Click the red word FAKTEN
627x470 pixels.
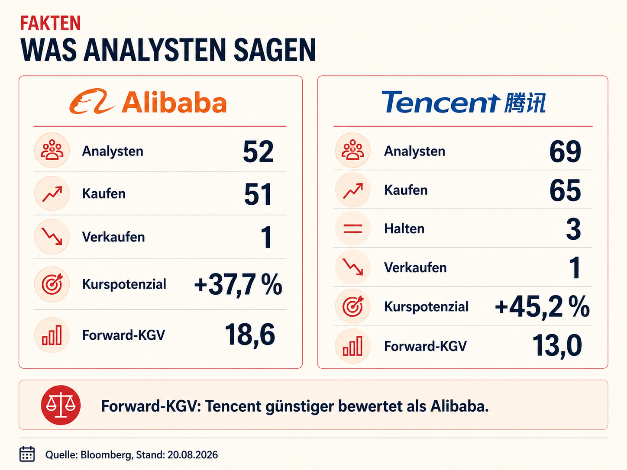(50, 23)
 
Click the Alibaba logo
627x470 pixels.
(148, 101)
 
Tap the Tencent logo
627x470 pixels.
(463, 102)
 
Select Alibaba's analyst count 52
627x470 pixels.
(258, 151)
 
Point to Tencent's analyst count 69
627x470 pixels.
(565, 151)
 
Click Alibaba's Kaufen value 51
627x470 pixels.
(258, 194)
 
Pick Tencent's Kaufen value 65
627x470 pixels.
(565, 190)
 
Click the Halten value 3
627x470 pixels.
(573, 229)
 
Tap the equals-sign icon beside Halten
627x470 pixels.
(352, 229)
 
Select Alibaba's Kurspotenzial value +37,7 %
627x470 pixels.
(238, 285)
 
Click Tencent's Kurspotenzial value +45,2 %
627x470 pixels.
(542, 307)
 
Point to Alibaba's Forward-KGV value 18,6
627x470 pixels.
(250, 335)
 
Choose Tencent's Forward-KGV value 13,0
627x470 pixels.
(557, 346)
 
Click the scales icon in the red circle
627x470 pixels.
(61, 405)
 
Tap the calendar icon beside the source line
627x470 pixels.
(27, 454)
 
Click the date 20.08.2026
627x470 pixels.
(193, 454)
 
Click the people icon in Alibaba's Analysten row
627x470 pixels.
(52, 150)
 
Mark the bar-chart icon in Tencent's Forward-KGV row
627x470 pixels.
(352, 346)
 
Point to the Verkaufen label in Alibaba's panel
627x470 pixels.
(113, 237)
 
